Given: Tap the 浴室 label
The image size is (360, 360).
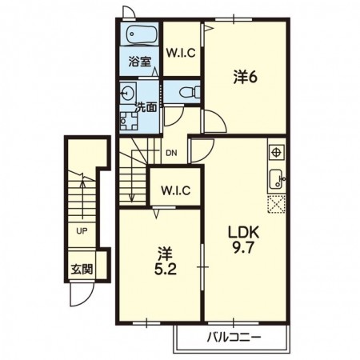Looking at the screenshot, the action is point(139,62).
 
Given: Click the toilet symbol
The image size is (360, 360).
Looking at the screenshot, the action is point(190,92).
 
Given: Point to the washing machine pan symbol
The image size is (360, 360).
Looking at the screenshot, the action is point(129,121).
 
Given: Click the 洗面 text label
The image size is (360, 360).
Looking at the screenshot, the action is point(146,107).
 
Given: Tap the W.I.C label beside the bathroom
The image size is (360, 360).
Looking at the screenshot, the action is point(181,53).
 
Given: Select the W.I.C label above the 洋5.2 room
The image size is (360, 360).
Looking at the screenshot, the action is point(175,190).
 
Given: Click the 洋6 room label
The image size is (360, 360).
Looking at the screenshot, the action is point(246,78).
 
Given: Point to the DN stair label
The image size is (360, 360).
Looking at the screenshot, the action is point(171,154).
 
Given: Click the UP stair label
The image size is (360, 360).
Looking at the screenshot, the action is point(82,231).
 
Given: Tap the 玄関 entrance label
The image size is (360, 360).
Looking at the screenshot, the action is point(82,270).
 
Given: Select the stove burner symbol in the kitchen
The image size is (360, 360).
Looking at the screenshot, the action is point(277,152).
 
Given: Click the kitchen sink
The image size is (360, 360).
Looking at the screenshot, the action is point(277,179).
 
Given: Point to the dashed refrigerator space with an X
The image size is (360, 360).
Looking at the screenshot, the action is point(277,204).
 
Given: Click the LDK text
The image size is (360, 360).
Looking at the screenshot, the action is point(243,233).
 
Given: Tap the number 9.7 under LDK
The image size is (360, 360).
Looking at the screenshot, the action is point(243,249).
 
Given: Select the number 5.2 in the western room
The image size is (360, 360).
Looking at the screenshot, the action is point(165,270).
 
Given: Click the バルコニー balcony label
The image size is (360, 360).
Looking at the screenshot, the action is point(234,338).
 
